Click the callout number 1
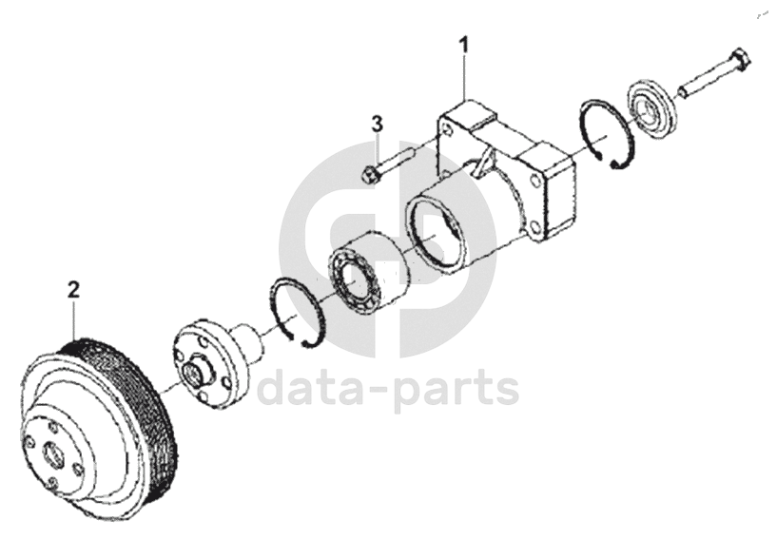(464, 45)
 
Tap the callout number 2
(73, 290)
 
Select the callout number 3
(378, 125)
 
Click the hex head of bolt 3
(369, 174)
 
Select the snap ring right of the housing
(607, 133)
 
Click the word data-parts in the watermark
(388, 389)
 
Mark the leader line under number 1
(464, 77)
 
